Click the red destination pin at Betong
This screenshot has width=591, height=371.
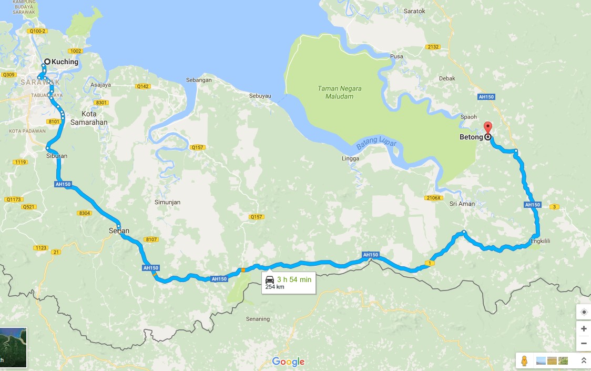487,128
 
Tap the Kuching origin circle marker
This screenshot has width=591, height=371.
47,62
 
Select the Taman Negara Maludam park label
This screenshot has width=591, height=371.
340,92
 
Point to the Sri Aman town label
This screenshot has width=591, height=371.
462,204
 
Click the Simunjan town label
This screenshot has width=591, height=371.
168,202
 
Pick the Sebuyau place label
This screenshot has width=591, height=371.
260,96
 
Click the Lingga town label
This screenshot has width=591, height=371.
350,158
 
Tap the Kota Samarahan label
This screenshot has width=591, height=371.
95,118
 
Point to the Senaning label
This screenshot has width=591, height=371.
258,319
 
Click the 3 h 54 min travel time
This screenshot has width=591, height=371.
294,279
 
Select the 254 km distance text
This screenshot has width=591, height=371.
275,287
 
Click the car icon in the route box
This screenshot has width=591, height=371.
270,279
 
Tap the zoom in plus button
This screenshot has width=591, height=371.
584,328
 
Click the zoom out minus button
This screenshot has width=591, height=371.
584,344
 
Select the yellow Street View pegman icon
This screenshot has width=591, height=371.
524,360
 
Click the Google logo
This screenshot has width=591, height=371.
288,362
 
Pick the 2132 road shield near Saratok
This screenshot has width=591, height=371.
433,47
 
